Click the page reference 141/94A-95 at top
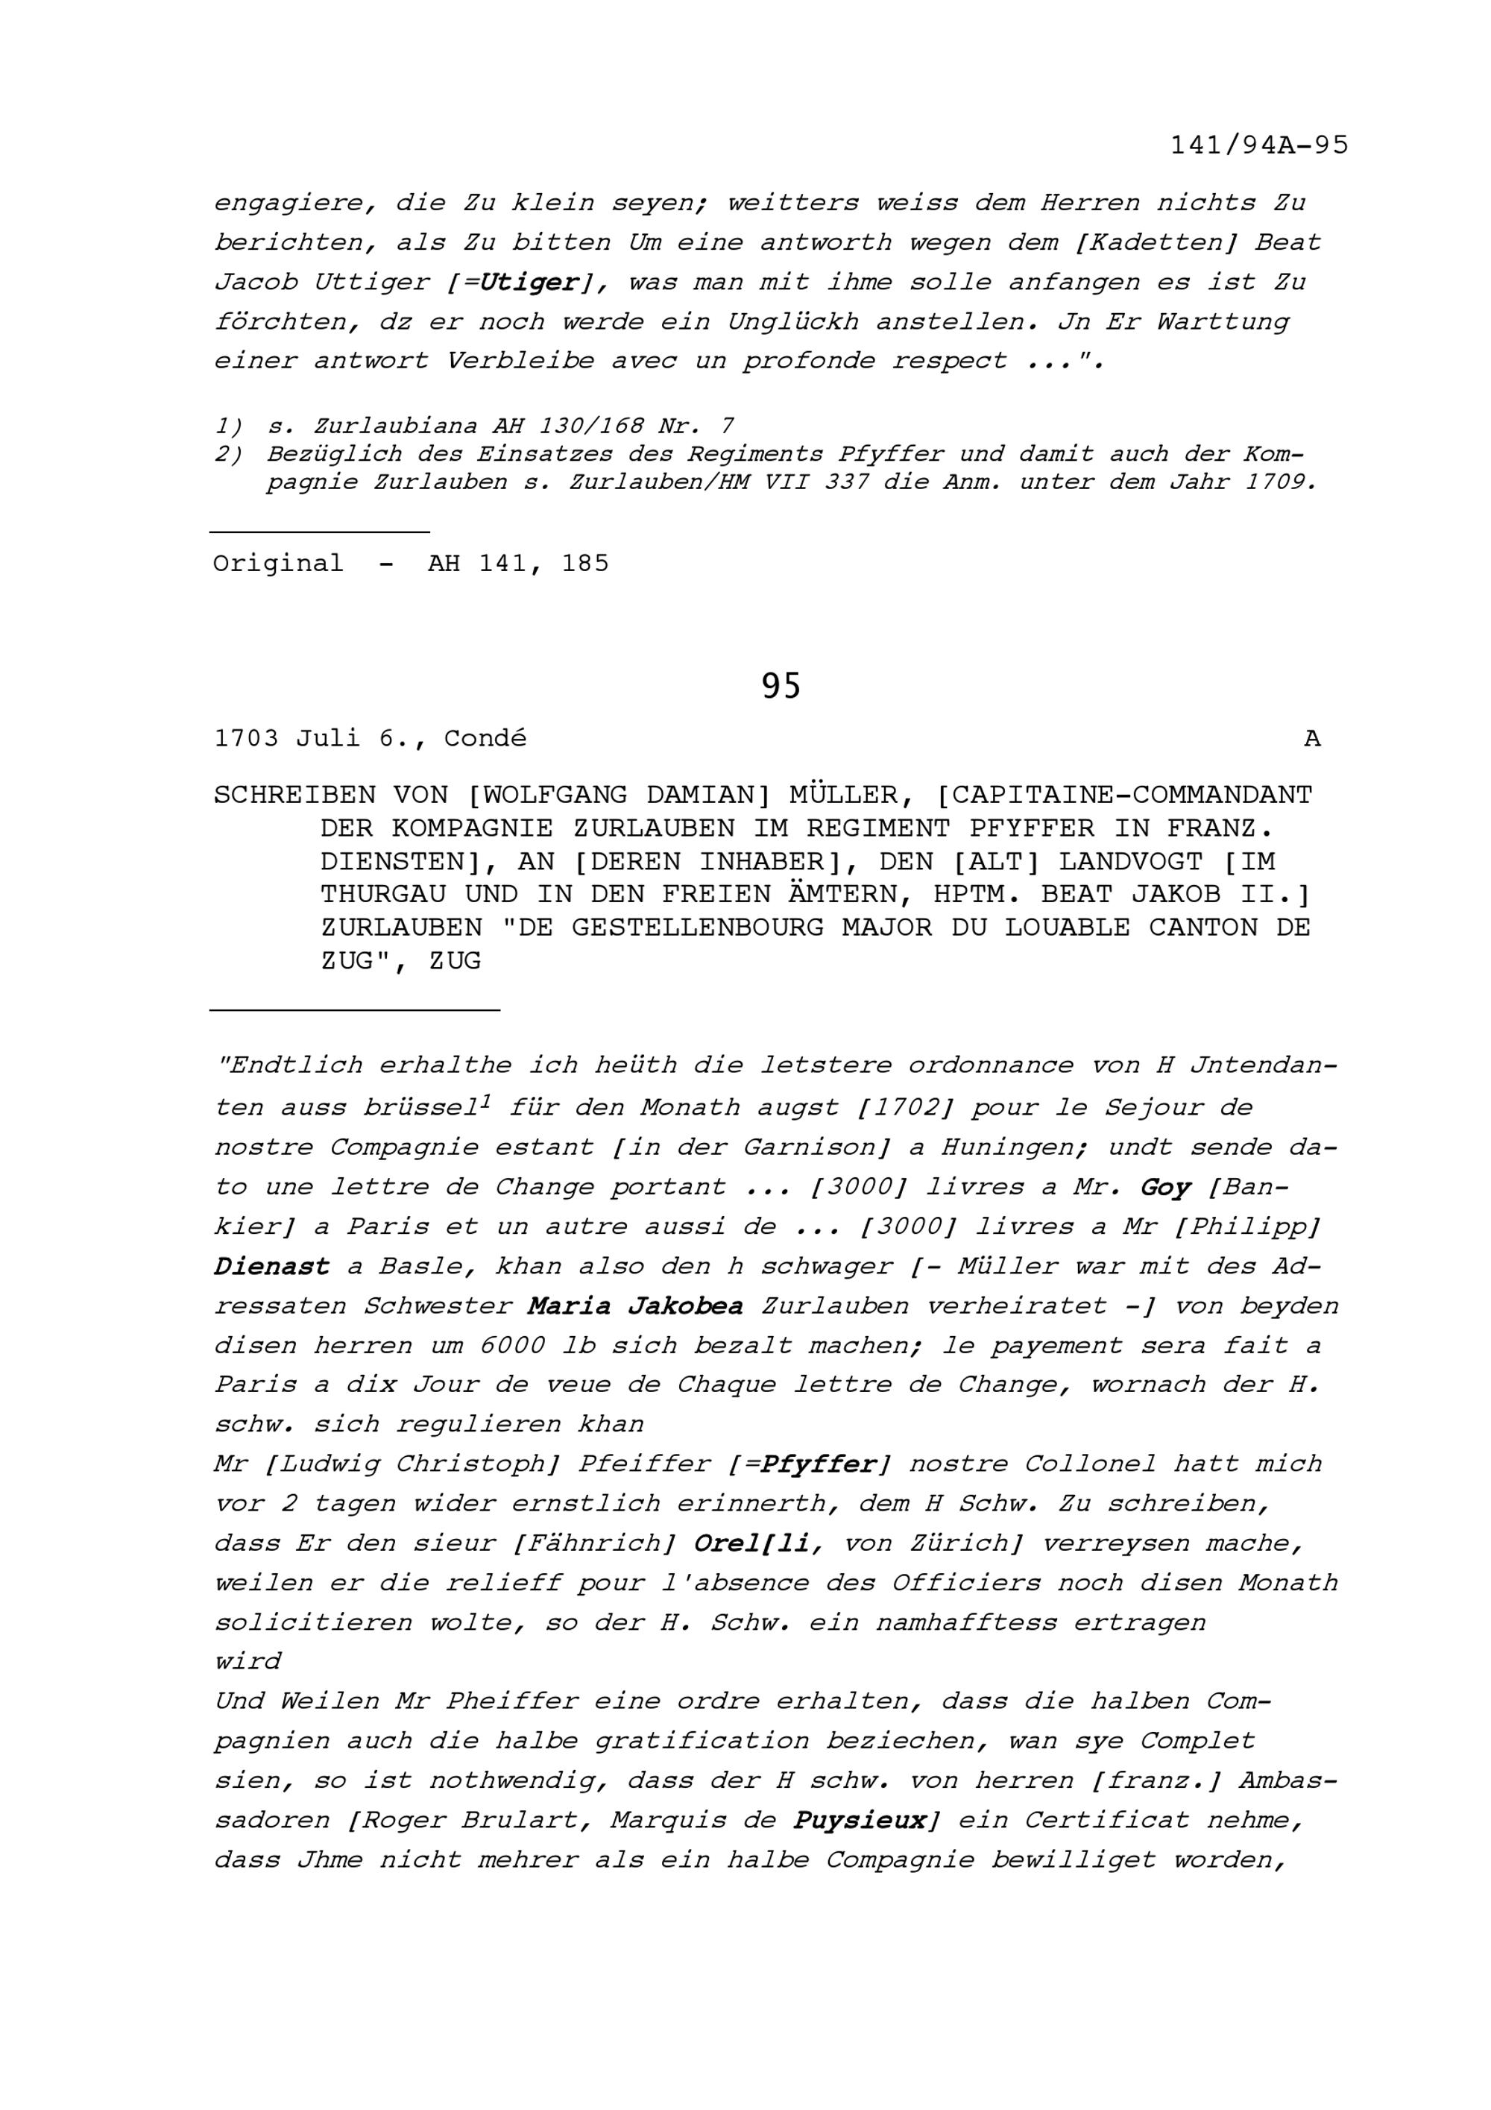(x=1258, y=146)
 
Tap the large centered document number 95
(x=781, y=687)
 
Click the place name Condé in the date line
(x=485, y=739)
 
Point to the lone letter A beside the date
(x=1313, y=739)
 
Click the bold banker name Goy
(x=1166, y=1187)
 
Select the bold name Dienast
(x=272, y=1266)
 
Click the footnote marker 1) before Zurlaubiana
(x=229, y=426)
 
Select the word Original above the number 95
(x=278, y=564)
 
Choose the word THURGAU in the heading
(x=383, y=894)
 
